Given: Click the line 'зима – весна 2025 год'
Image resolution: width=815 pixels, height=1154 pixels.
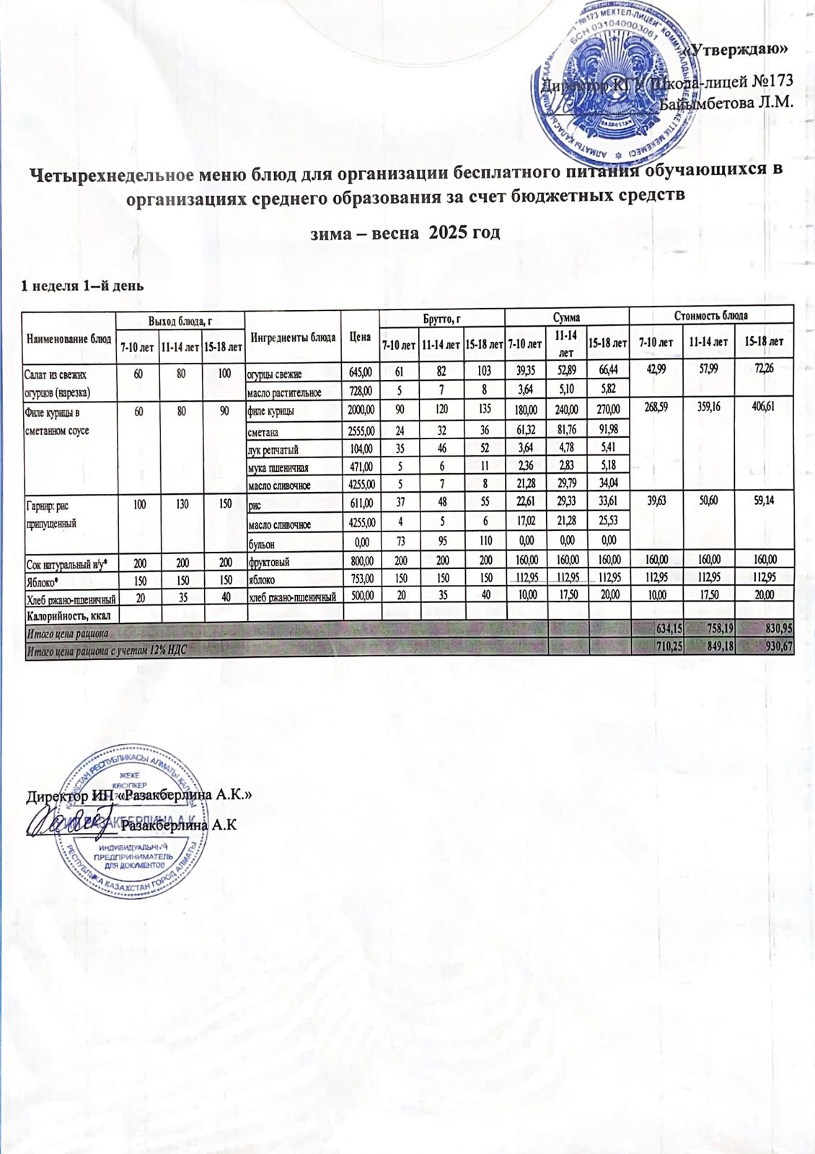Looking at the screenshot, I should coord(405,233).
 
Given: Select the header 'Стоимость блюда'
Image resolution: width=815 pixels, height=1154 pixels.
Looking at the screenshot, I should coord(710,315).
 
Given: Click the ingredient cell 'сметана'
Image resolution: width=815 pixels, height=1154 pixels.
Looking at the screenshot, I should coord(263,432).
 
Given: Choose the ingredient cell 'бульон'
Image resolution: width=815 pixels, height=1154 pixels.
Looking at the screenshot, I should coord(261,542).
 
